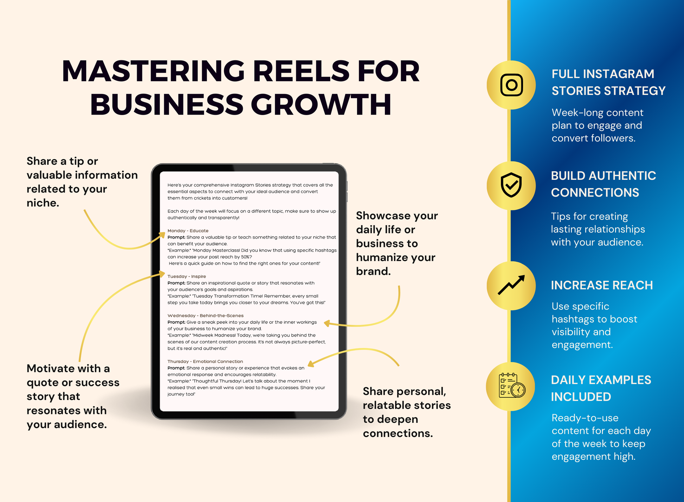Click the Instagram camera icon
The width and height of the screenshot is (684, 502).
[x=511, y=85]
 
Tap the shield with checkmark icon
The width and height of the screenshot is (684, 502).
[x=511, y=185]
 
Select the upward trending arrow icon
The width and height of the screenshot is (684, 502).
[x=511, y=285]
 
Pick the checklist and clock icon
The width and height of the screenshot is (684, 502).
[x=512, y=385]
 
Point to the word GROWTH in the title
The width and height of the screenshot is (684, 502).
[x=321, y=104]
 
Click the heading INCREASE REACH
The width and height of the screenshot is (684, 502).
[x=602, y=285]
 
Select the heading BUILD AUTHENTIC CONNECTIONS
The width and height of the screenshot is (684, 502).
[x=604, y=184]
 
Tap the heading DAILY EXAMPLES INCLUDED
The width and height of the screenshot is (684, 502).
[x=601, y=388]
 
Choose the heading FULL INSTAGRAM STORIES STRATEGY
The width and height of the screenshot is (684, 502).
[x=608, y=82]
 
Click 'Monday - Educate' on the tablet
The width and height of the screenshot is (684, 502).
[x=188, y=231]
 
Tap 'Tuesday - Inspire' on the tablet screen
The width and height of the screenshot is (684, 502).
[x=187, y=277]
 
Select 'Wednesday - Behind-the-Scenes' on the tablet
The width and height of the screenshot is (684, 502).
[x=205, y=316]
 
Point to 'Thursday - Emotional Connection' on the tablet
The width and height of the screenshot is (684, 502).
[x=205, y=361]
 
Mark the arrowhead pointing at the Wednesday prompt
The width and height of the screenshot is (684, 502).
[x=327, y=323]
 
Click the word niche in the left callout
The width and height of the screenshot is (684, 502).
[x=43, y=203]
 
